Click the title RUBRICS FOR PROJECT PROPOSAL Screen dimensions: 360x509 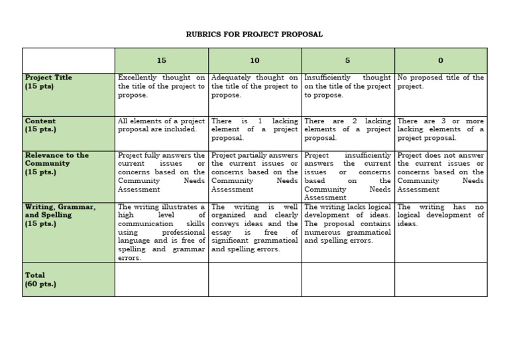(254, 34)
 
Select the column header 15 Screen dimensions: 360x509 (162, 60)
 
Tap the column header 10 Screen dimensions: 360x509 (254, 60)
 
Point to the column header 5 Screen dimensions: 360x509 (347, 60)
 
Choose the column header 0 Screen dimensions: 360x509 (441, 60)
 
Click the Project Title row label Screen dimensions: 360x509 (48, 82)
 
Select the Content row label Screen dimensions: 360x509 (40, 125)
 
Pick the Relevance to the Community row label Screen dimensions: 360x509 (56, 164)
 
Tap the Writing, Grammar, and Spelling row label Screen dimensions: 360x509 (60, 215)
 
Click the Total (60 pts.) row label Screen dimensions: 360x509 (40, 279)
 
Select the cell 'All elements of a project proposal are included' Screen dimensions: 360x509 (161, 125)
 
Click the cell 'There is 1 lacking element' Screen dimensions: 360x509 (254, 129)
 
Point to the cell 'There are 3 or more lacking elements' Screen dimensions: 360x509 (440, 129)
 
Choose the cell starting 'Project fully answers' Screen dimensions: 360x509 (161, 172)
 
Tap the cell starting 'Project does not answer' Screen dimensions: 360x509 (440, 172)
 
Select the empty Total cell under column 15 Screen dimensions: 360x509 (162, 280)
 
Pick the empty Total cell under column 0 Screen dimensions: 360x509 (441, 280)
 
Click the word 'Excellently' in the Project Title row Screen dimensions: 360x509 (140, 78)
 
